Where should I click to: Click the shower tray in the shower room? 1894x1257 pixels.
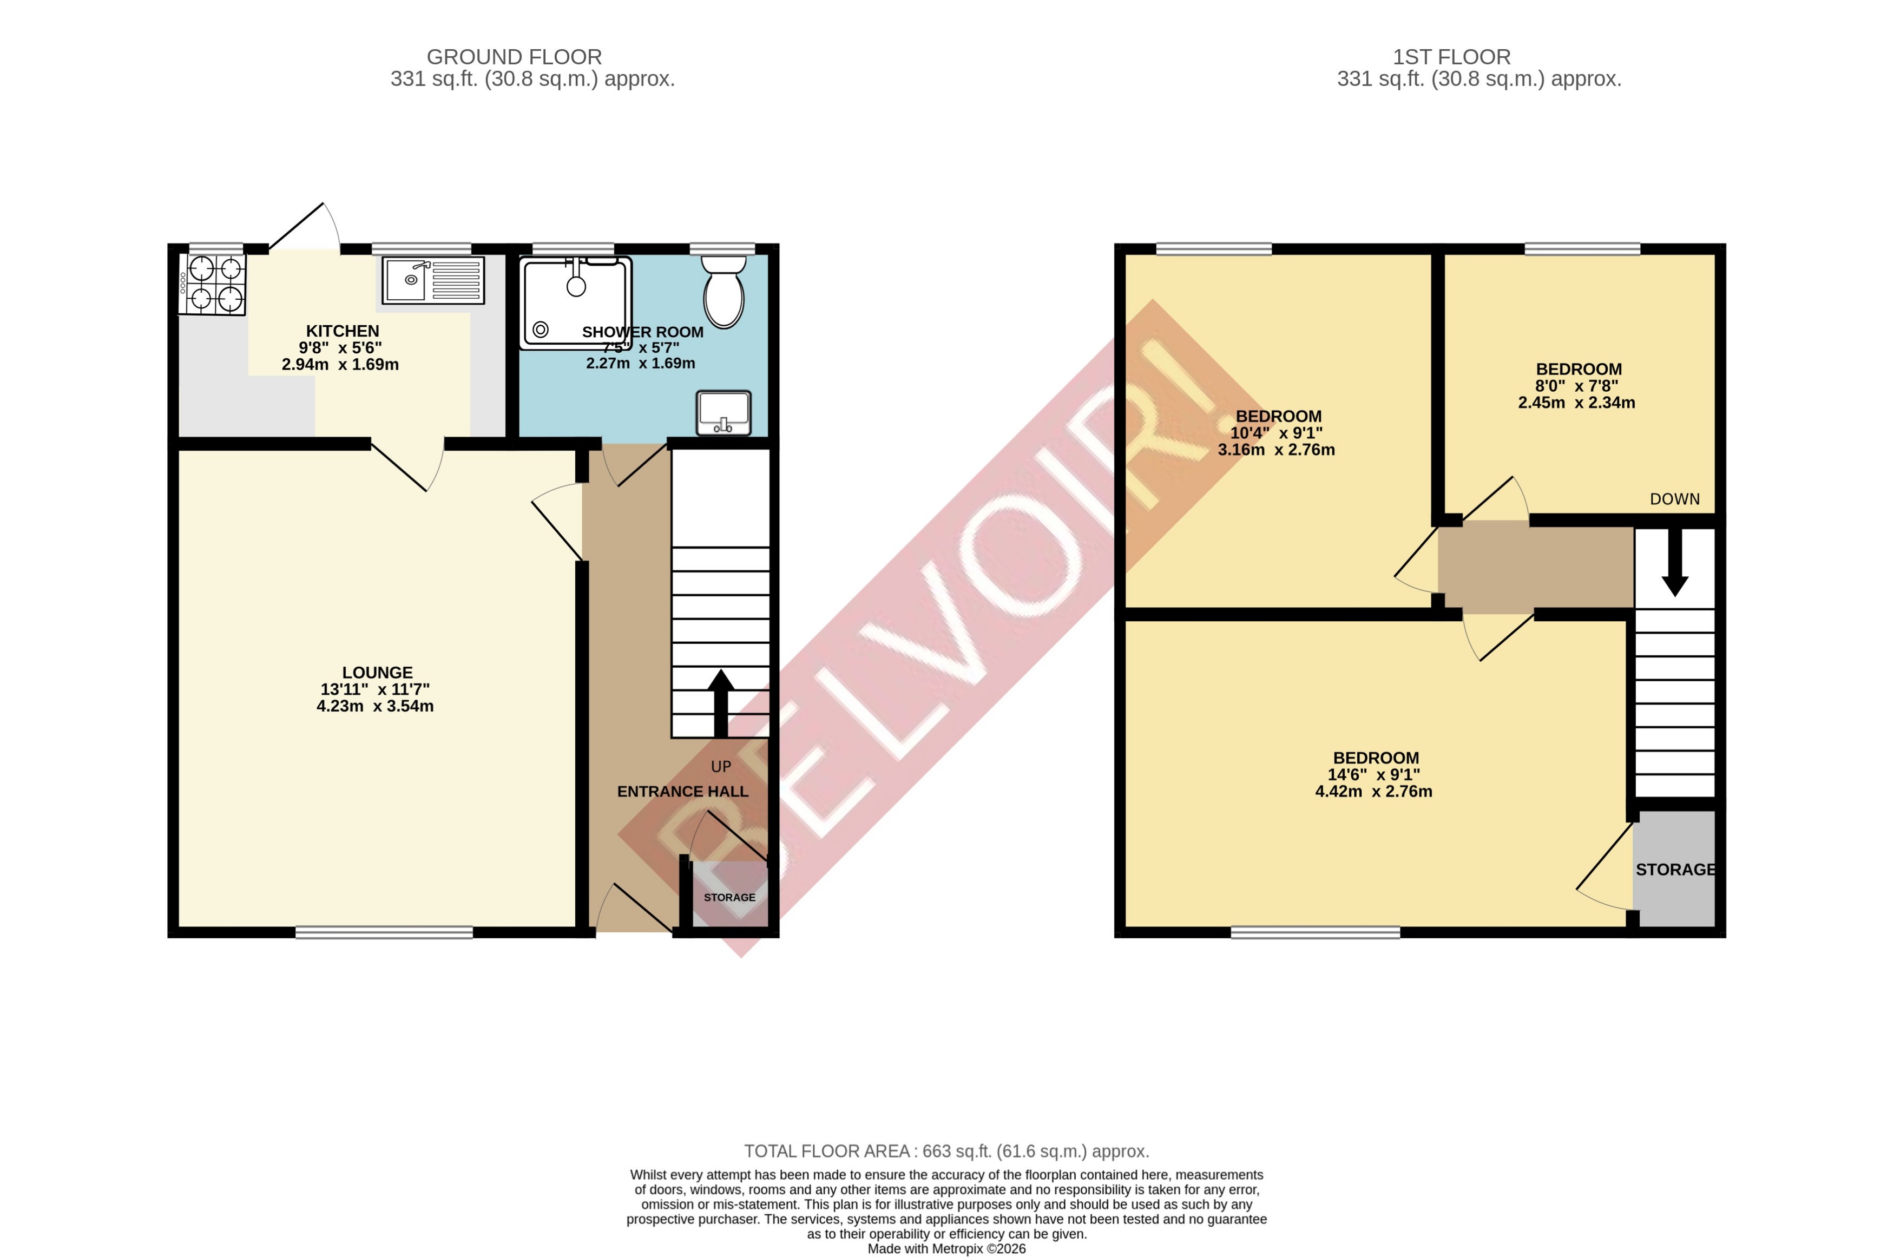coord(575,302)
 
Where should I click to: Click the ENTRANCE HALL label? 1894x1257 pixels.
coord(682,791)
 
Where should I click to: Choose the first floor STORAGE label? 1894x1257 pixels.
coord(1675,869)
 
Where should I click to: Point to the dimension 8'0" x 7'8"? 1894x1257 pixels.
coord(1576,386)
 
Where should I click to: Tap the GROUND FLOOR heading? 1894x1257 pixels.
coord(514,57)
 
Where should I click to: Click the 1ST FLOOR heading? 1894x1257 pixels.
coord(1451,57)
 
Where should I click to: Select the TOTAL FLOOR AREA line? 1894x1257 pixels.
coord(946,1151)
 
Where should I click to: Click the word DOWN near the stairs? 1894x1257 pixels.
coord(1674,498)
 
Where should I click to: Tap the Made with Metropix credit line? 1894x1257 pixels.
coord(946,1248)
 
